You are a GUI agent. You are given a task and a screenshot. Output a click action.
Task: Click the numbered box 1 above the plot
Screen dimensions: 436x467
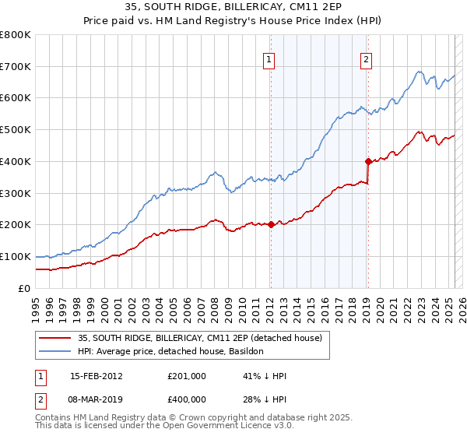coord(269,59)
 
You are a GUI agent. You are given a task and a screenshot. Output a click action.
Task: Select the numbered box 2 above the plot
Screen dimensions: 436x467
coord(366,59)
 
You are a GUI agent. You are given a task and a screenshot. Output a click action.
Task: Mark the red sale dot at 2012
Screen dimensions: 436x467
coord(271,224)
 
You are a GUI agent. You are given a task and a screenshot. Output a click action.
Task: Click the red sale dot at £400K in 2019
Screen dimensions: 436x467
coord(368,161)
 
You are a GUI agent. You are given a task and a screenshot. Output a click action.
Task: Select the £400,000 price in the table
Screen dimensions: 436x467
coord(187,399)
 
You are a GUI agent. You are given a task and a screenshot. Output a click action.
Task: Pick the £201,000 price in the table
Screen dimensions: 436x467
coord(187,376)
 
